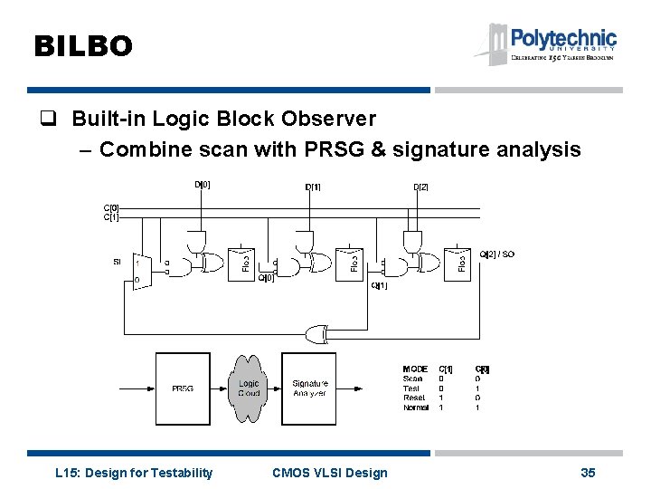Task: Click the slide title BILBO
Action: [83, 46]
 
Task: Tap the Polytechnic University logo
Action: [546, 43]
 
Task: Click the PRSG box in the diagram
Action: [183, 388]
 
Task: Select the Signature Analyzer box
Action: [309, 388]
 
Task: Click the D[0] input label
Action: [203, 185]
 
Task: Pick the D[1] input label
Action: [313, 187]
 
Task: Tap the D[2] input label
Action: [421, 187]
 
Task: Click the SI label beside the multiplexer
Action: [118, 262]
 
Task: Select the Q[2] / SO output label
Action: [496, 254]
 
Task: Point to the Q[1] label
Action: [380, 286]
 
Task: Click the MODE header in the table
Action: [415, 369]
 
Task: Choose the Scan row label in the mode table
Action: [412, 379]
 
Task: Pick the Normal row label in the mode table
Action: [416, 407]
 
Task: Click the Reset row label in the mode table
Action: [414, 398]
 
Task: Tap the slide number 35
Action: [588, 472]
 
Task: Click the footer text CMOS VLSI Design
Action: [329, 472]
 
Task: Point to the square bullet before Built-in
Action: [55, 119]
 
